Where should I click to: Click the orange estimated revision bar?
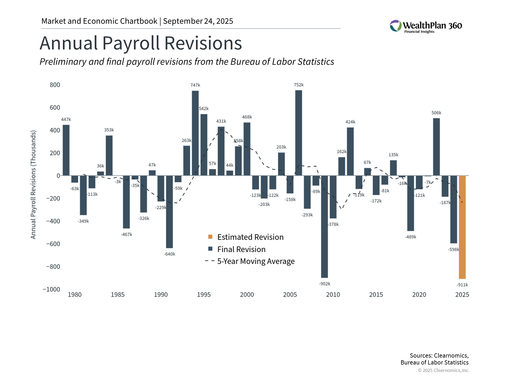[x=462, y=227]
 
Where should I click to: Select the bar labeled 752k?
[x=299, y=133]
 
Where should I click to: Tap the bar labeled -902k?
[x=324, y=227]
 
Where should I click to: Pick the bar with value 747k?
[x=195, y=133]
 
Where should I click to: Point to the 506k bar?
[x=436, y=147]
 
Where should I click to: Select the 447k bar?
[x=66, y=150]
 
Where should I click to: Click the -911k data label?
[x=462, y=285]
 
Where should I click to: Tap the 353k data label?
[x=109, y=130]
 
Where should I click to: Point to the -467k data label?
[x=126, y=235]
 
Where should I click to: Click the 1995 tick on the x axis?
[x=204, y=295]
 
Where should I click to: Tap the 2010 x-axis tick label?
[x=333, y=295]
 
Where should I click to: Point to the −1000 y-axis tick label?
[x=51, y=289]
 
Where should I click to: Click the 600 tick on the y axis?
[x=55, y=108]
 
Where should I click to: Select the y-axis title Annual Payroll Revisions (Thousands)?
[x=33, y=185]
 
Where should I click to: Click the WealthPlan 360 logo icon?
[x=396, y=26]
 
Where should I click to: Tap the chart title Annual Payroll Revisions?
[x=141, y=43]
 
